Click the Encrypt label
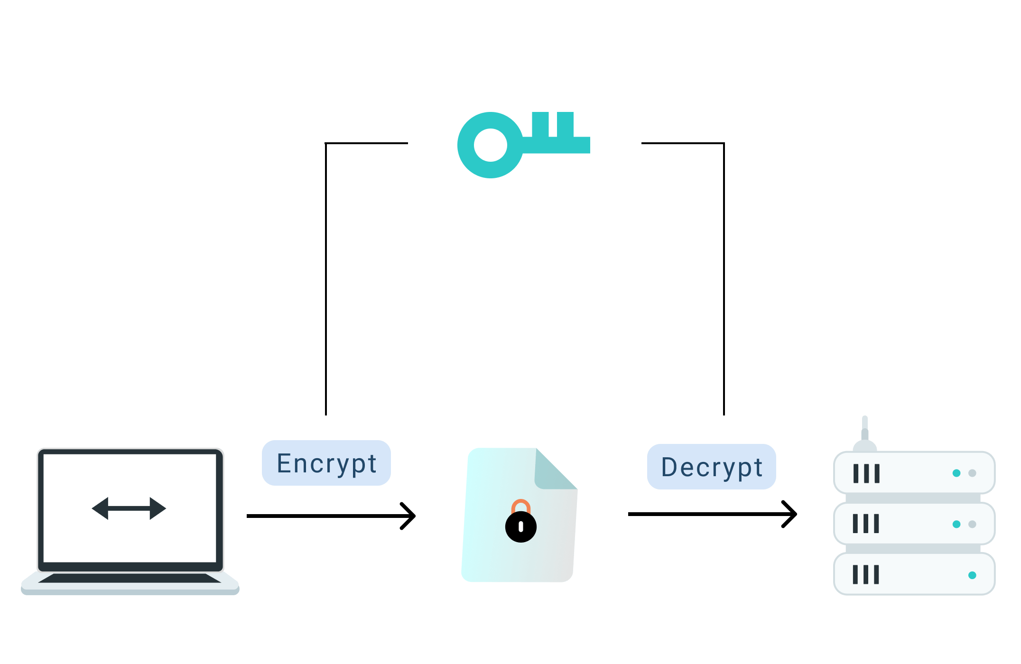pos(326,463)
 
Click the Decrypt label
pos(711,467)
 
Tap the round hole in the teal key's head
pos(491,145)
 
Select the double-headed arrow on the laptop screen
pos(129,508)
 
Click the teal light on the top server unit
pos(956,473)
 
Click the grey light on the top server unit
pos(972,473)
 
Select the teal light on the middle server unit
pos(956,524)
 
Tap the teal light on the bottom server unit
pos(972,575)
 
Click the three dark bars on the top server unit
pos(866,473)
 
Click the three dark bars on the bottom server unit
pos(866,574)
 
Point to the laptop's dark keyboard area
pos(129,578)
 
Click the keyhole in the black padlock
pos(521,526)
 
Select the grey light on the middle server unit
pos(972,524)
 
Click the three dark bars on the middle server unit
pos(866,524)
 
